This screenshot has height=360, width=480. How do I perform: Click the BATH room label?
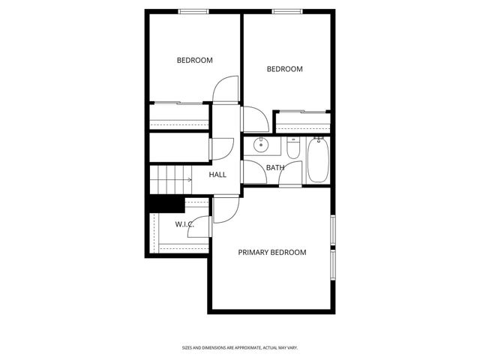click(275, 167)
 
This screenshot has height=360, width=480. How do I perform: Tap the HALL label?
click(217, 175)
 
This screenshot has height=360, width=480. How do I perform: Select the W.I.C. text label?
click(184, 225)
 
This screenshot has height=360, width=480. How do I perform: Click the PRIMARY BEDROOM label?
click(272, 252)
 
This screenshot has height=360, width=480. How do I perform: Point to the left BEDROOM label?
click(194, 61)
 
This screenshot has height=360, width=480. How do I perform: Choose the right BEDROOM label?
click(285, 69)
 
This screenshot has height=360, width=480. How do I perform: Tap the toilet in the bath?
click(292, 148)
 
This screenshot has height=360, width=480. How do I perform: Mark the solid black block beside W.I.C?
click(166, 203)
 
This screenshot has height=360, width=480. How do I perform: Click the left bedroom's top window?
click(193, 10)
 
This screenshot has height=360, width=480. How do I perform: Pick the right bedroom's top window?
click(287, 10)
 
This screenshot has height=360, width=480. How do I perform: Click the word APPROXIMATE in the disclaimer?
click(238, 347)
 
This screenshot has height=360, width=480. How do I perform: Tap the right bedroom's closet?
click(302, 120)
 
